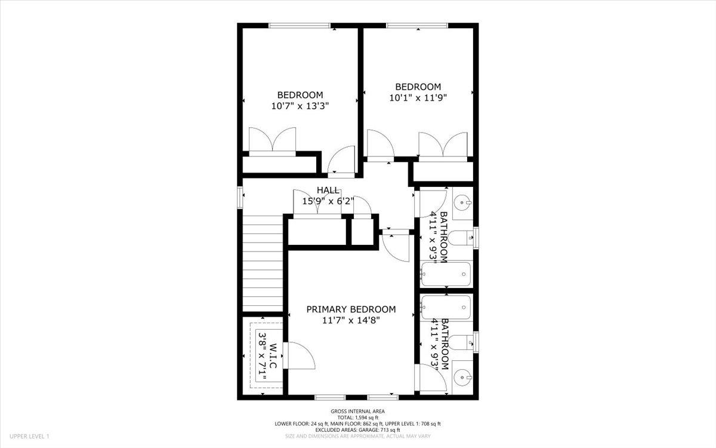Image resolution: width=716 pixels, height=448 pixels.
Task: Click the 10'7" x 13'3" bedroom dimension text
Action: tap(300, 106)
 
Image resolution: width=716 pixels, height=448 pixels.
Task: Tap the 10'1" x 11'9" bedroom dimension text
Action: tap(418, 97)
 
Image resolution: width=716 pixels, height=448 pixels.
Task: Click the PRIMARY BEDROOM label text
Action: tap(351, 309)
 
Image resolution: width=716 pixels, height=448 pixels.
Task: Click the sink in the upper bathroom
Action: tap(462, 204)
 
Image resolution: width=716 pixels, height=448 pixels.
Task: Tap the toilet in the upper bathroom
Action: tap(459, 238)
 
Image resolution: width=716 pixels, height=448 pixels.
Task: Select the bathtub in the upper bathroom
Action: tap(445, 275)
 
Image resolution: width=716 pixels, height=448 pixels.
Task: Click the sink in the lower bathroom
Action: tap(462, 376)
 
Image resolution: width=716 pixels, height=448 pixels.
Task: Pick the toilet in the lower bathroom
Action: tap(459, 342)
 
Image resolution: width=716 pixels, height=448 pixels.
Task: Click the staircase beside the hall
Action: tap(263, 263)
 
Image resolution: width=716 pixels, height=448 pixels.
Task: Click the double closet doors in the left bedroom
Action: tap(272, 142)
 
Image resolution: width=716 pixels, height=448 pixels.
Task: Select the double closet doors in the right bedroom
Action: tap(442, 146)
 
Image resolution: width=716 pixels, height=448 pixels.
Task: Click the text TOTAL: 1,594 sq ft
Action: tap(357, 418)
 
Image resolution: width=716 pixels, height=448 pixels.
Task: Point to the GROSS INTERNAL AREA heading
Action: tap(357, 411)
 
